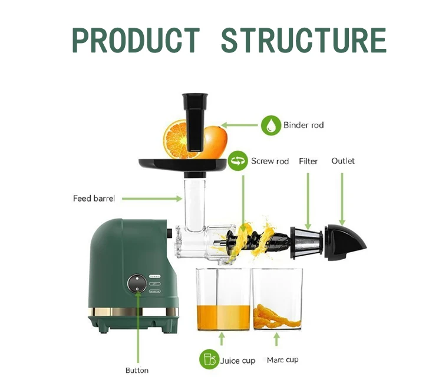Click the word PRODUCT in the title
click(136, 40)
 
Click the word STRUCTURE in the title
click(304, 40)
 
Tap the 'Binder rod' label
click(304, 125)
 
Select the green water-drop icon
click(271, 125)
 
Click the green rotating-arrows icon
click(238, 161)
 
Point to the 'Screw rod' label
click(270, 161)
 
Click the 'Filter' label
click(308, 161)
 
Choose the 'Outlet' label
click(343, 161)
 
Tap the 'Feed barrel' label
click(94, 198)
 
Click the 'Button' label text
click(137, 370)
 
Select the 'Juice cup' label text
click(238, 359)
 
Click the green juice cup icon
click(208, 359)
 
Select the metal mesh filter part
click(308, 242)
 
